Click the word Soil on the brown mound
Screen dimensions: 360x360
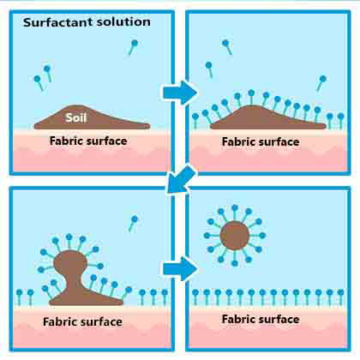[76, 117]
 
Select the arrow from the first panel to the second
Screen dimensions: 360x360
[180, 93]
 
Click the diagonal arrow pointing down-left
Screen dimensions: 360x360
[181, 179]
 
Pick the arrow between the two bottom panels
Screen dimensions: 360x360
[180, 269]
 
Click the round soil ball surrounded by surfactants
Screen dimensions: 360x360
[235, 236]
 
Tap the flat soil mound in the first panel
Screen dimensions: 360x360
[92, 117]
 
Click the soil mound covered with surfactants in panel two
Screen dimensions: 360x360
[268, 117]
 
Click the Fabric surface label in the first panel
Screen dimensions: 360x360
[88, 141]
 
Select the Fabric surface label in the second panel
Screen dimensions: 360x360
[261, 141]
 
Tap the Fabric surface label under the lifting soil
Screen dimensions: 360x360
[82, 322]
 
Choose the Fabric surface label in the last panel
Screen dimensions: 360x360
[261, 319]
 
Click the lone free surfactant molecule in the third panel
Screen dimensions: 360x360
[132, 224]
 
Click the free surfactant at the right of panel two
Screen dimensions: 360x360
[321, 83]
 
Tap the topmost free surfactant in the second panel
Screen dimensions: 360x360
[227, 47]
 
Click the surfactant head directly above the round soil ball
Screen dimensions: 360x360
[235, 208]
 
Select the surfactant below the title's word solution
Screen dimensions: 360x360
[133, 47]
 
